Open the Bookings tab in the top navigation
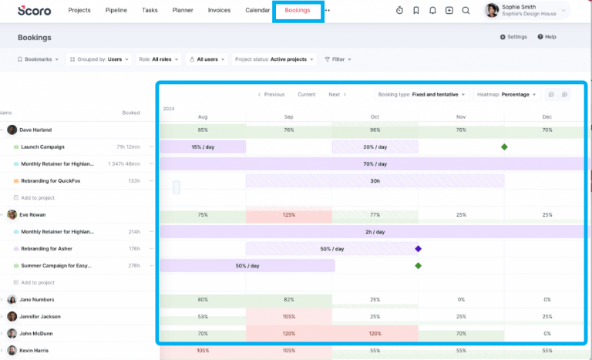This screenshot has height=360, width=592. tap(298, 11)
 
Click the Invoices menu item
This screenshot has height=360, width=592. tap(219, 11)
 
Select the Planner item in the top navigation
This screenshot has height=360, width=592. tap(183, 11)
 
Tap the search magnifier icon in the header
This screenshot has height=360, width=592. tap(466, 11)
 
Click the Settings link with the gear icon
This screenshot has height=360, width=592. tap(513, 37)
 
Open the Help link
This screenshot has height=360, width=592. tap(547, 37)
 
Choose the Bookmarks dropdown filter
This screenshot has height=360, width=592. tap(38, 59)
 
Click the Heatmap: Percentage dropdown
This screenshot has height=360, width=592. tap(506, 95)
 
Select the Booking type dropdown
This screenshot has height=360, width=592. tap(422, 95)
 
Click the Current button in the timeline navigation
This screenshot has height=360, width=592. tap(307, 95)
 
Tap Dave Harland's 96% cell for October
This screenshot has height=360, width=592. tap(375, 130)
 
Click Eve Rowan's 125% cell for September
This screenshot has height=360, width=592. tap(289, 215)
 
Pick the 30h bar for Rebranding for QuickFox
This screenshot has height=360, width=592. tap(375, 181)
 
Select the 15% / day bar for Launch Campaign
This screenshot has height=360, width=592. tap(203, 147)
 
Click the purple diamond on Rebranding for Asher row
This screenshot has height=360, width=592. tap(418, 249)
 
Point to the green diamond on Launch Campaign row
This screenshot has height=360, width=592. tap(504, 146)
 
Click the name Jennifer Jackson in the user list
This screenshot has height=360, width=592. tap(40, 317)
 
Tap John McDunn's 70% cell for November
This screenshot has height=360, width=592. tap(461, 334)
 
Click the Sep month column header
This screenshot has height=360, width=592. tap(289, 117)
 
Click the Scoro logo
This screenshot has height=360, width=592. tap(34, 11)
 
